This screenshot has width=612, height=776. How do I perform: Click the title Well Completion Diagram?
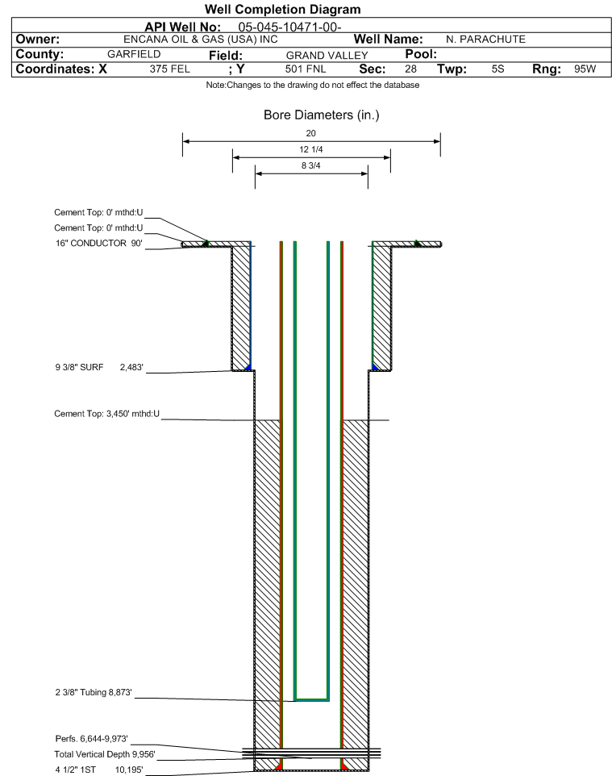[282, 10]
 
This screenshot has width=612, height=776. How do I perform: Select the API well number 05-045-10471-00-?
[290, 27]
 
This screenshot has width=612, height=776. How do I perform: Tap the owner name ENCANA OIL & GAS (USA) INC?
[201, 40]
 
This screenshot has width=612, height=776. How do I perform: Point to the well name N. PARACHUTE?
[485, 40]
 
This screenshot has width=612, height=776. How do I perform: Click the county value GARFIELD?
[134, 54]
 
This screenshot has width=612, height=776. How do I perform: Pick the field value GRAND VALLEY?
[327, 56]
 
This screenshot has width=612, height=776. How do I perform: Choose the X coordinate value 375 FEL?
[169, 69]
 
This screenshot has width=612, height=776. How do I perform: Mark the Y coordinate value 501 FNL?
[306, 69]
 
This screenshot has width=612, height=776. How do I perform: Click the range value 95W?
[585, 69]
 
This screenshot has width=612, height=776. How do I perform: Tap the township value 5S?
[498, 69]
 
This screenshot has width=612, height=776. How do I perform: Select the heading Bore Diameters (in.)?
[322, 115]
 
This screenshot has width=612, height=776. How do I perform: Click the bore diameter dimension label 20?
[310, 133]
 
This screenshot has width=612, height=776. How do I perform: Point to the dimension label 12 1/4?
[311, 149]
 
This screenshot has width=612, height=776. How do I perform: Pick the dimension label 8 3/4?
[310, 166]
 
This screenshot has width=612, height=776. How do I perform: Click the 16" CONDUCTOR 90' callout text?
[99, 244]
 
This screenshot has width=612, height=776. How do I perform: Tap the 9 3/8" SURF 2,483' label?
[99, 367]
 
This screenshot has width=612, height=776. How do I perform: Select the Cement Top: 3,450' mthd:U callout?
[107, 414]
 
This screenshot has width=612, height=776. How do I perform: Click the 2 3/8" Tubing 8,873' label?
[94, 692]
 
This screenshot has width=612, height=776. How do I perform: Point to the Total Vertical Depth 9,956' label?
[105, 754]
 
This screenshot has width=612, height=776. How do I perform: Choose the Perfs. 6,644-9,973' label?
[92, 739]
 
